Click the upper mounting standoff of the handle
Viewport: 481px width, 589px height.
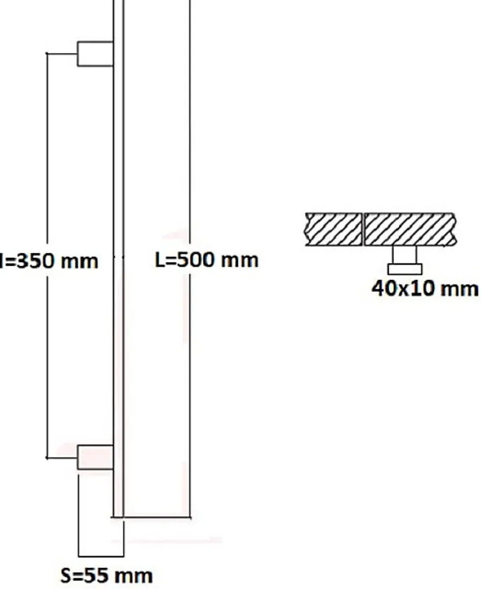pos(95,54)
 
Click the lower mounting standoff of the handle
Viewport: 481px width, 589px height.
pos(95,457)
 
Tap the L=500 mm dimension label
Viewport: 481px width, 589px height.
pos(207,261)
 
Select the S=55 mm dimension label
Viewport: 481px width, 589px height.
pos(106,576)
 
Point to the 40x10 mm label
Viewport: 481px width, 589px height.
pos(425,289)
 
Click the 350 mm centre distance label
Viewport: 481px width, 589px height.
pos(49,261)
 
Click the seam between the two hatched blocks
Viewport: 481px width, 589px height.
pos(363,229)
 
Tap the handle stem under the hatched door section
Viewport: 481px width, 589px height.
pos(404,254)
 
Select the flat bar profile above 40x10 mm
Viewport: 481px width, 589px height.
pos(404,269)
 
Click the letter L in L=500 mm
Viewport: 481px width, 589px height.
pos(160,261)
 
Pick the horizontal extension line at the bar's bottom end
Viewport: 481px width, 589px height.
pos(156,518)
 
